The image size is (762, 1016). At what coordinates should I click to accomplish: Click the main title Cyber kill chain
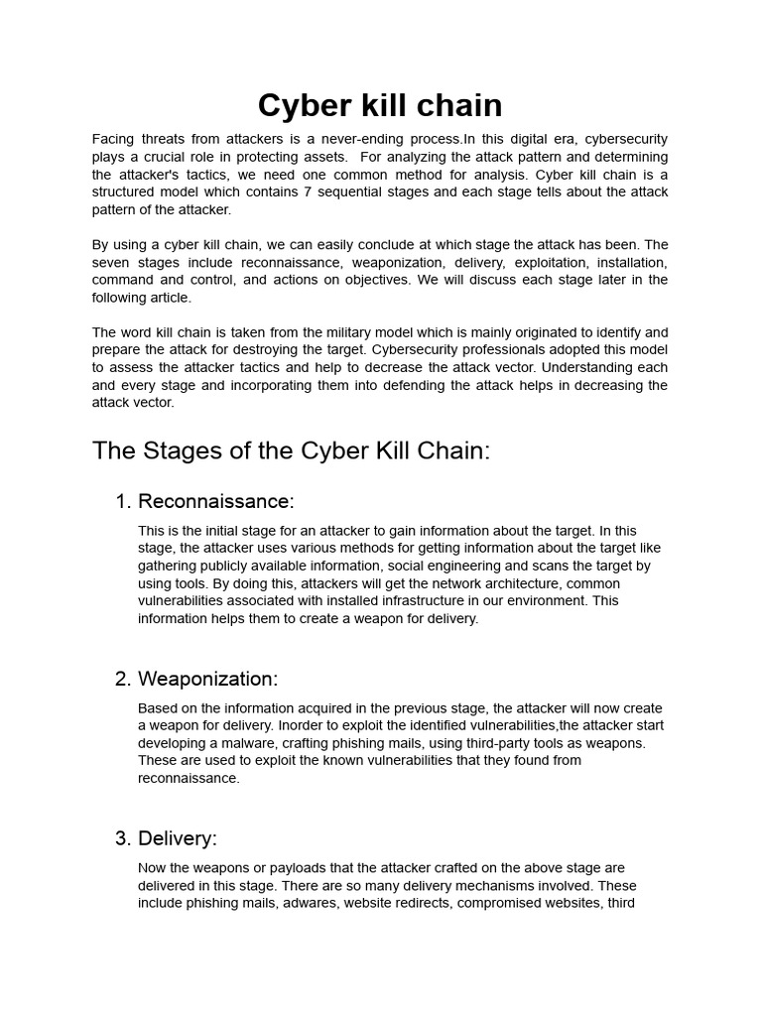click(x=380, y=105)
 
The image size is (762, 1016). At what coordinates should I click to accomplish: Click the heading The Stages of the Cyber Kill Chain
click(x=291, y=450)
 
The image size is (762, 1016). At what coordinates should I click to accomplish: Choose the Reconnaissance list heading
click(x=215, y=501)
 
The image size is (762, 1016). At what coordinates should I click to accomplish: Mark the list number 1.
click(x=122, y=501)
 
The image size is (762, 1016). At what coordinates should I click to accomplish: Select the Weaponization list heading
click(x=207, y=679)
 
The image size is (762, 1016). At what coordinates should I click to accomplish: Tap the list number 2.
click(x=122, y=679)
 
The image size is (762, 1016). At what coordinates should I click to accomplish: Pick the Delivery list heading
click(x=177, y=838)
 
